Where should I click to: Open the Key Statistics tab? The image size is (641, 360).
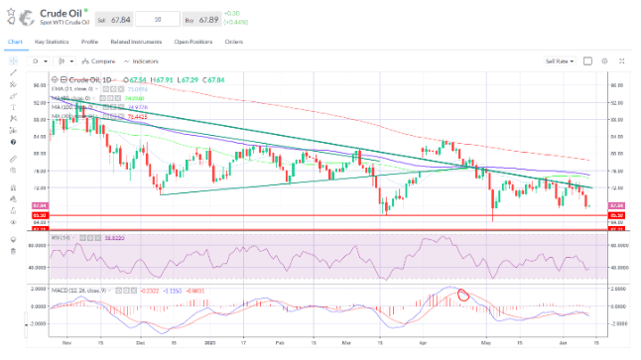click(52, 43)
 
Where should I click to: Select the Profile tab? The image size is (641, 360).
click(89, 43)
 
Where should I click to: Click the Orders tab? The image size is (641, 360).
click(234, 43)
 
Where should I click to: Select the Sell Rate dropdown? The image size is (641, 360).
click(561, 60)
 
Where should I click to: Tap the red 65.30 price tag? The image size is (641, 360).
click(615, 215)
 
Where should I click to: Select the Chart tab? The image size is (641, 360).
click(14, 43)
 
